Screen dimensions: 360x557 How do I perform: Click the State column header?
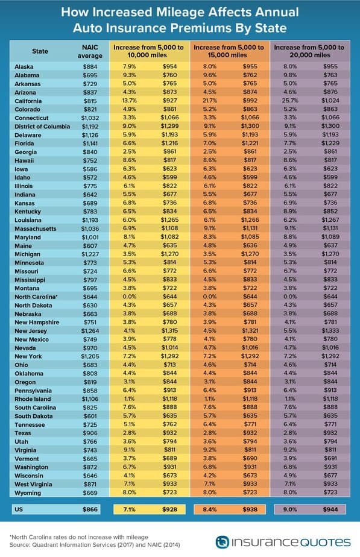pyautogui.click(x=40, y=51)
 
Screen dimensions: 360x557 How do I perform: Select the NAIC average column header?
pyautogui.click(x=90, y=51)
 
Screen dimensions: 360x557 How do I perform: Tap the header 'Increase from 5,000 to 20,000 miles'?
pyautogui.click(x=309, y=51)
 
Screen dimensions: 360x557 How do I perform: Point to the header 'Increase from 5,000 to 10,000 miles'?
pyautogui.click(x=148, y=51)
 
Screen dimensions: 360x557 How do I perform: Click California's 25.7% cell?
pyautogui.click(x=290, y=101)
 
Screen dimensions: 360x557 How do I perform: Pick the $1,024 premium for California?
pyautogui.click(x=330, y=101)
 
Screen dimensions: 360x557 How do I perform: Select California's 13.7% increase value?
pyautogui.click(x=130, y=101)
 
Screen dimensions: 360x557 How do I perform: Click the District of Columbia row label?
pyautogui.click(x=42, y=127)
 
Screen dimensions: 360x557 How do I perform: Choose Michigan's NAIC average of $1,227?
pyautogui.click(x=90, y=254)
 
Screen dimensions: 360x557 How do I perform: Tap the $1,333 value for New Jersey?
pyautogui.click(x=330, y=331)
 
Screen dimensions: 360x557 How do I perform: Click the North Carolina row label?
pyautogui.click(x=36, y=297)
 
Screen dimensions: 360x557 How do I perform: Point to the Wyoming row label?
pyautogui.click(x=28, y=493)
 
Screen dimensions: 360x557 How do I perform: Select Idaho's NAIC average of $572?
pyautogui.click(x=90, y=178)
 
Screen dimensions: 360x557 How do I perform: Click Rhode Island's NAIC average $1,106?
pyautogui.click(x=90, y=399)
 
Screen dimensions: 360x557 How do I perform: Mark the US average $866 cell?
pyautogui.click(x=90, y=509)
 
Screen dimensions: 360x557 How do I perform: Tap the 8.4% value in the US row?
pyautogui.click(x=210, y=509)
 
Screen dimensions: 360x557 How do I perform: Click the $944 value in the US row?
pyautogui.click(x=330, y=509)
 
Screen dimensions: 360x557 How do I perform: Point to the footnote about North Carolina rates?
pyautogui.click(x=79, y=537)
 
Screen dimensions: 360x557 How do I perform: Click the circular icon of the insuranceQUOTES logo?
pyautogui.click(x=222, y=542)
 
